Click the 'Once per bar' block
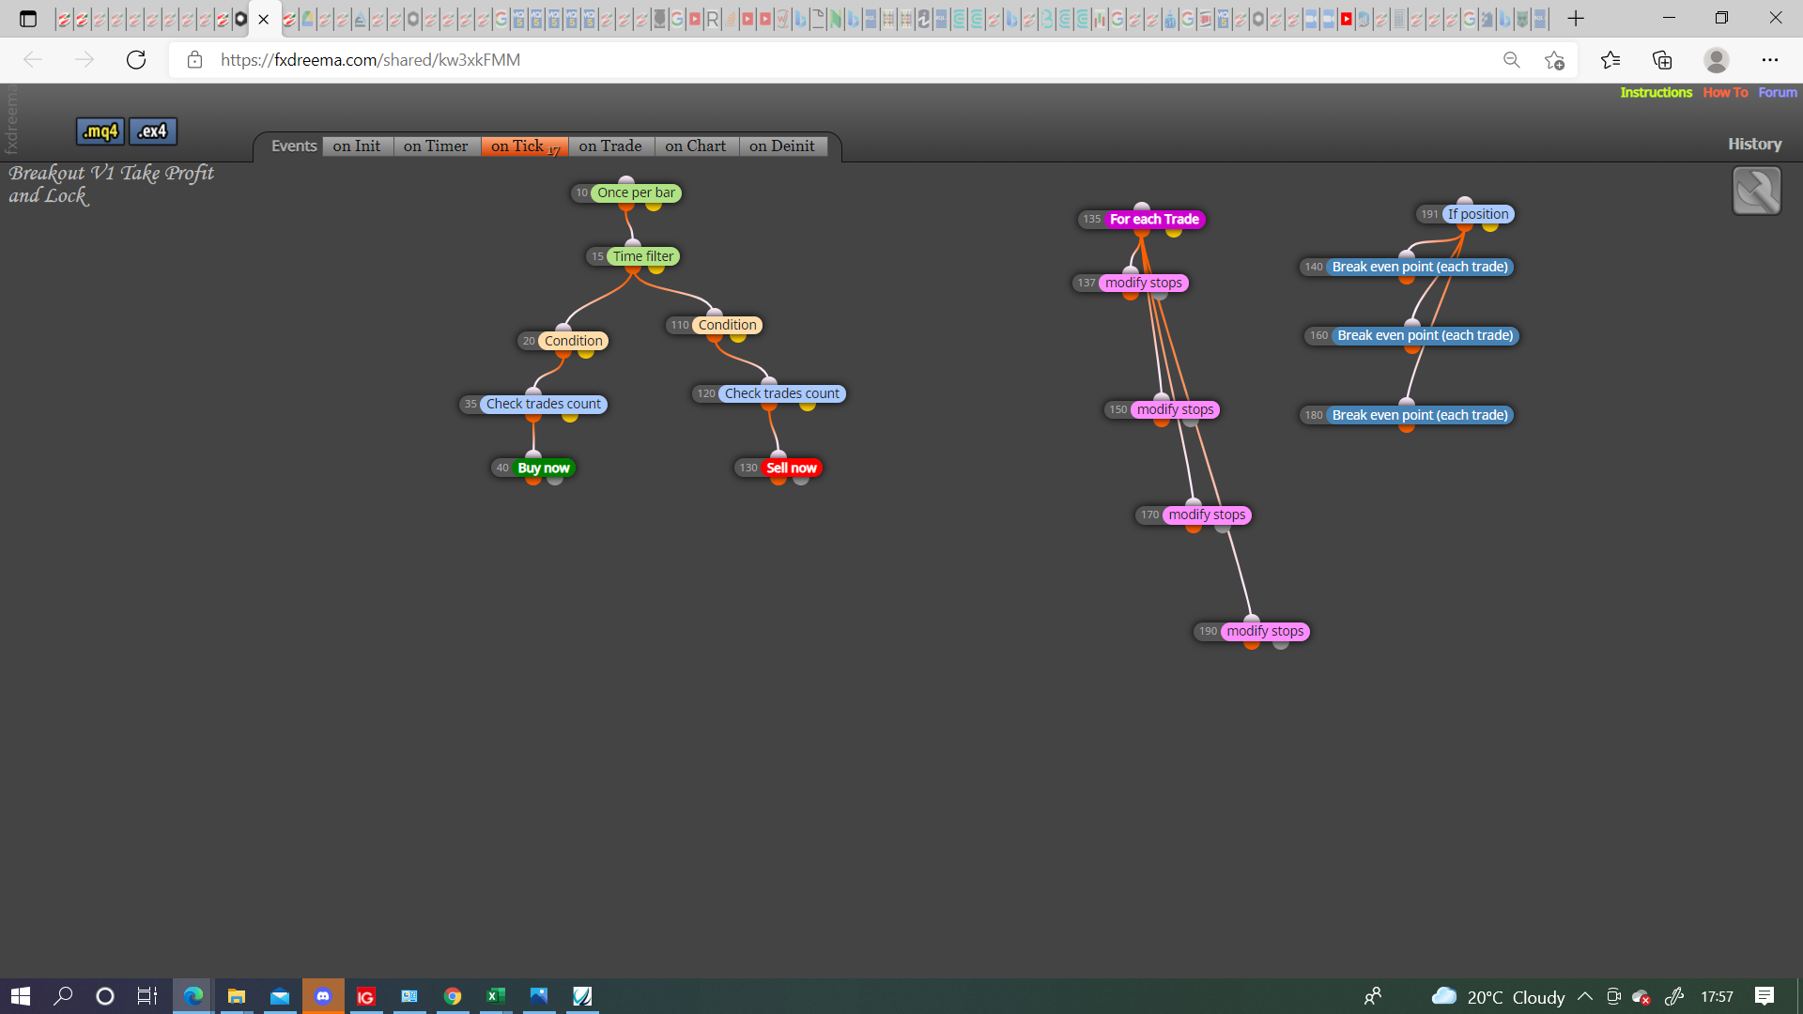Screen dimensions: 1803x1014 click(x=636, y=193)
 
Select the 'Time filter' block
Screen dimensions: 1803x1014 click(x=643, y=256)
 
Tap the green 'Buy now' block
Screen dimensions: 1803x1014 click(x=543, y=469)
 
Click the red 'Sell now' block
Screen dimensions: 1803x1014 click(x=791, y=469)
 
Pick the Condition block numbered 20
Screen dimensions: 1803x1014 click(x=573, y=342)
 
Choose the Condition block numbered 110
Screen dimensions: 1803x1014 click(x=727, y=326)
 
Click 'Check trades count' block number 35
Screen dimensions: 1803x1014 click(x=543, y=405)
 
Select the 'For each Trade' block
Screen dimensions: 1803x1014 click(x=1154, y=220)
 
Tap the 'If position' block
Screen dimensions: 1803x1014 click(x=1478, y=215)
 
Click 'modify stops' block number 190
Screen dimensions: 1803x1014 click(x=1265, y=632)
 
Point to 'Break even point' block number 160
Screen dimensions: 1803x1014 click(x=1425, y=336)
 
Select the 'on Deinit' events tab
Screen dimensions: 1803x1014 click(x=782, y=146)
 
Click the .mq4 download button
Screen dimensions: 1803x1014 click(x=100, y=131)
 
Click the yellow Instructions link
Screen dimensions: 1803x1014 click(x=1656, y=93)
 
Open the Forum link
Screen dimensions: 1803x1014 click(x=1778, y=93)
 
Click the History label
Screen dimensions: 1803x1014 click(x=1754, y=145)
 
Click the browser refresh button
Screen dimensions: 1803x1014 click(x=136, y=60)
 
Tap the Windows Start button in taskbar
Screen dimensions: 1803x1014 click(x=21, y=996)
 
